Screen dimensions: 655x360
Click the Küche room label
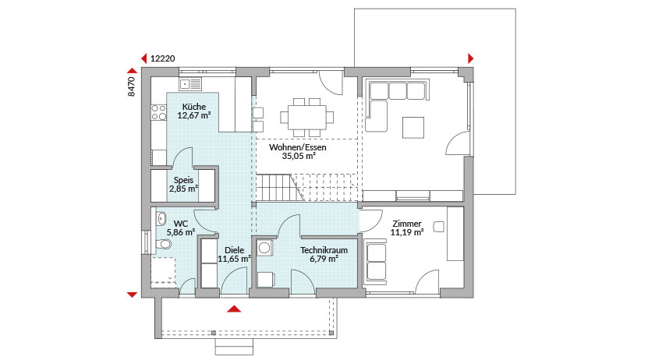pyautogui.click(x=194, y=107)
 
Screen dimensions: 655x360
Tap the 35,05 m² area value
pyautogui.click(x=298, y=156)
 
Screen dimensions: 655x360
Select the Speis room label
pyautogui.click(x=184, y=180)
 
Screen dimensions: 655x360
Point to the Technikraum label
pyautogui.click(x=324, y=250)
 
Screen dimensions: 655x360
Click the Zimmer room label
pyautogui.click(x=407, y=224)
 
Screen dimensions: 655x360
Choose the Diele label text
pyautogui.click(x=235, y=250)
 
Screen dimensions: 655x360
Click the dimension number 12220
pyautogui.click(x=162, y=58)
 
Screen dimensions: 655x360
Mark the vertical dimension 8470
pyautogui.click(x=132, y=86)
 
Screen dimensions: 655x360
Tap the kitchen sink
pyautogui.click(x=190, y=84)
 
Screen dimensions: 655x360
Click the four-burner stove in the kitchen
pyautogui.click(x=159, y=112)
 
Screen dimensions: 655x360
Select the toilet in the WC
pyautogui.click(x=163, y=244)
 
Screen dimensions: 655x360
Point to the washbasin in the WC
pyautogui.click(x=161, y=217)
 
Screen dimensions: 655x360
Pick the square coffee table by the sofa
pyautogui.click(x=413, y=127)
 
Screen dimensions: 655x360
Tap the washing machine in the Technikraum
pyautogui.click(x=265, y=248)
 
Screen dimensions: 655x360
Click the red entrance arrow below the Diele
pyautogui.click(x=234, y=309)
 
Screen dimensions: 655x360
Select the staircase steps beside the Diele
pyautogui.click(x=277, y=187)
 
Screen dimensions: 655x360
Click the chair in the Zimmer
pyautogui.click(x=438, y=226)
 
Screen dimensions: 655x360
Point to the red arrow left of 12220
pyautogui.click(x=143, y=58)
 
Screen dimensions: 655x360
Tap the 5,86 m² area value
pyautogui.click(x=180, y=232)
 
